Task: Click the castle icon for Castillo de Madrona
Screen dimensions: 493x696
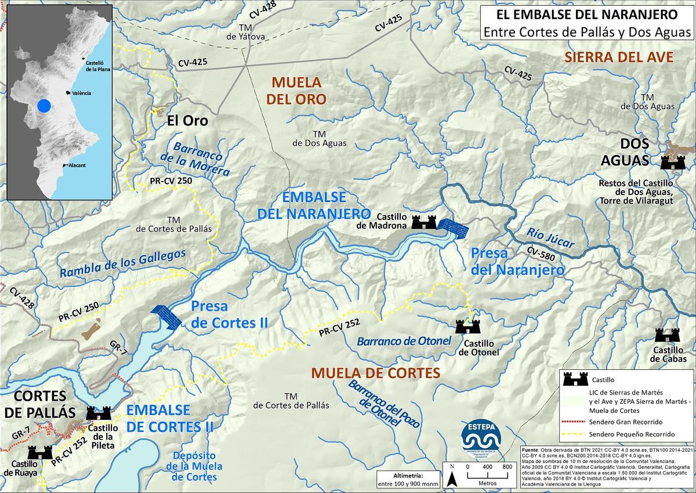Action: click(423, 222)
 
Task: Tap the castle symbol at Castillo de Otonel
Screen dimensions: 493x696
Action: click(467, 326)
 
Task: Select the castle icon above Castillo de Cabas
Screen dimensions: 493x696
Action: click(667, 335)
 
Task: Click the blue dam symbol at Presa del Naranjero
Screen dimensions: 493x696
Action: click(452, 228)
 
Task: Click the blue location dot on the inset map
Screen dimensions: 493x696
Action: click(43, 106)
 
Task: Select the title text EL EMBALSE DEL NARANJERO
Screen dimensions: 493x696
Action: click(587, 13)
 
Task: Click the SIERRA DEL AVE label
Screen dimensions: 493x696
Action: click(618, 57)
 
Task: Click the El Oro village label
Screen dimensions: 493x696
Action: click(187, 121)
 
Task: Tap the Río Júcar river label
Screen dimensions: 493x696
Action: click(550, 238)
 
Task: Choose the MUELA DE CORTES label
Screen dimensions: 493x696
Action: click(375, 373)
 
